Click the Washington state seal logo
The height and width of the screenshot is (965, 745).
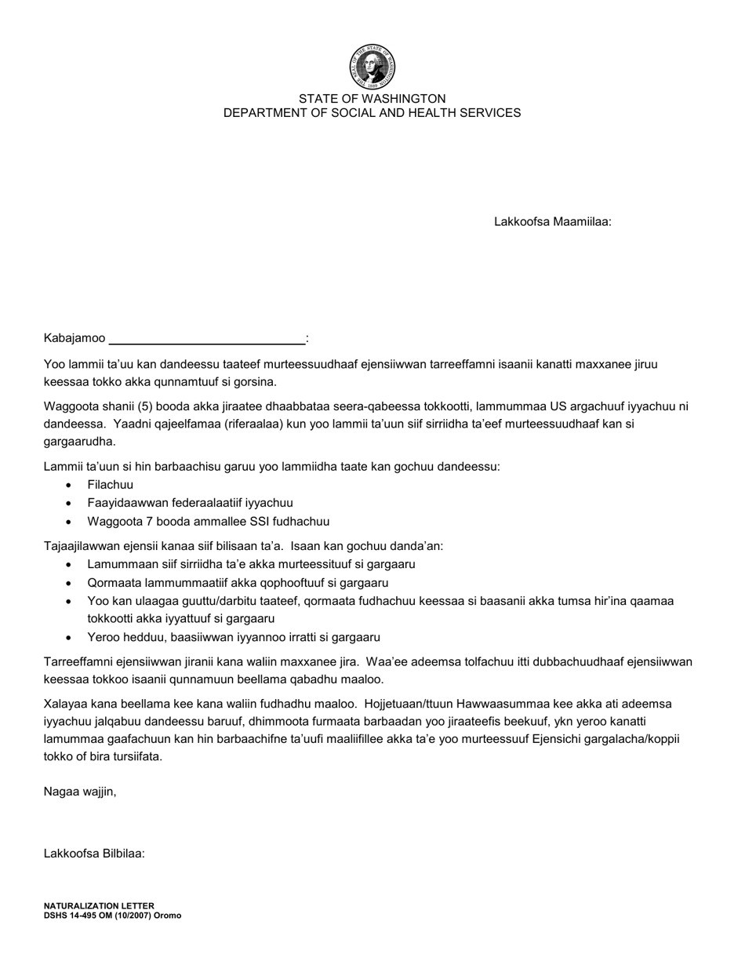click(372, 67)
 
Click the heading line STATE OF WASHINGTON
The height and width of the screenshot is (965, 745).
click(372, 99)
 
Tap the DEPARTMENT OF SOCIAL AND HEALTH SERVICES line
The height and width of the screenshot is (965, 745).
click(372, 113)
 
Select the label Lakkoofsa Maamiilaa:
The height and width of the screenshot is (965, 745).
click(552, 222)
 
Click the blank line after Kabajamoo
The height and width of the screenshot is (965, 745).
click(207, 340)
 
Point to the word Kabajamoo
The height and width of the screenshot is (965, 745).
click(74, 338)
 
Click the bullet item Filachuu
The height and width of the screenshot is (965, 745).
click(111, 485)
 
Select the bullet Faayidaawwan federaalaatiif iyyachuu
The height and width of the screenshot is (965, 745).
click(190, 503)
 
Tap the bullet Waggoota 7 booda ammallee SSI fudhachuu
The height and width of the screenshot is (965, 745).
click(208, 522)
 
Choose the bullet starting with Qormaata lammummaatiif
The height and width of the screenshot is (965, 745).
click(238, 583)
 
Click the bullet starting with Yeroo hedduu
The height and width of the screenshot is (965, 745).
click(234, 638)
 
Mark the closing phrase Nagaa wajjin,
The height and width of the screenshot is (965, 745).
click(80, 792)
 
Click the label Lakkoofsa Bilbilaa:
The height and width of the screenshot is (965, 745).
click(94, 854)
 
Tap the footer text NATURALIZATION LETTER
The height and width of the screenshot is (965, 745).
click(99, 905)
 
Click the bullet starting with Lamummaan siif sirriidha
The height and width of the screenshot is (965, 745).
click(251, 564)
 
